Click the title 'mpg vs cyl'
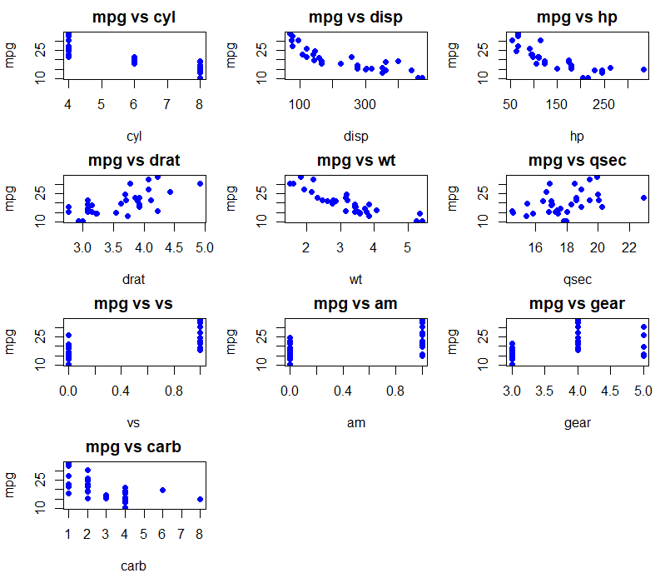pos(134,17)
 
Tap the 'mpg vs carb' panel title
pos(134,447)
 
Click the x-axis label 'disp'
pos(355,136)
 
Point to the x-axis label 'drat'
pos(134,279)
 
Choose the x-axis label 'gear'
pos(578,422)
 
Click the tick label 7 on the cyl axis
pos(166,104)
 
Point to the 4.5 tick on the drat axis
pos(174,247)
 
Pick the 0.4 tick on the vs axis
pos(122,391)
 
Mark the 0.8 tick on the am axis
pos(396,391)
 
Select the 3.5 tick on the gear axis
pos(544,391)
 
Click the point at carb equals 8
pos(200,500)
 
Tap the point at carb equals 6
pos(162,491)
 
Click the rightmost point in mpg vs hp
pos(644,70)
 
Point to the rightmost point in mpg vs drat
pos(200,183)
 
